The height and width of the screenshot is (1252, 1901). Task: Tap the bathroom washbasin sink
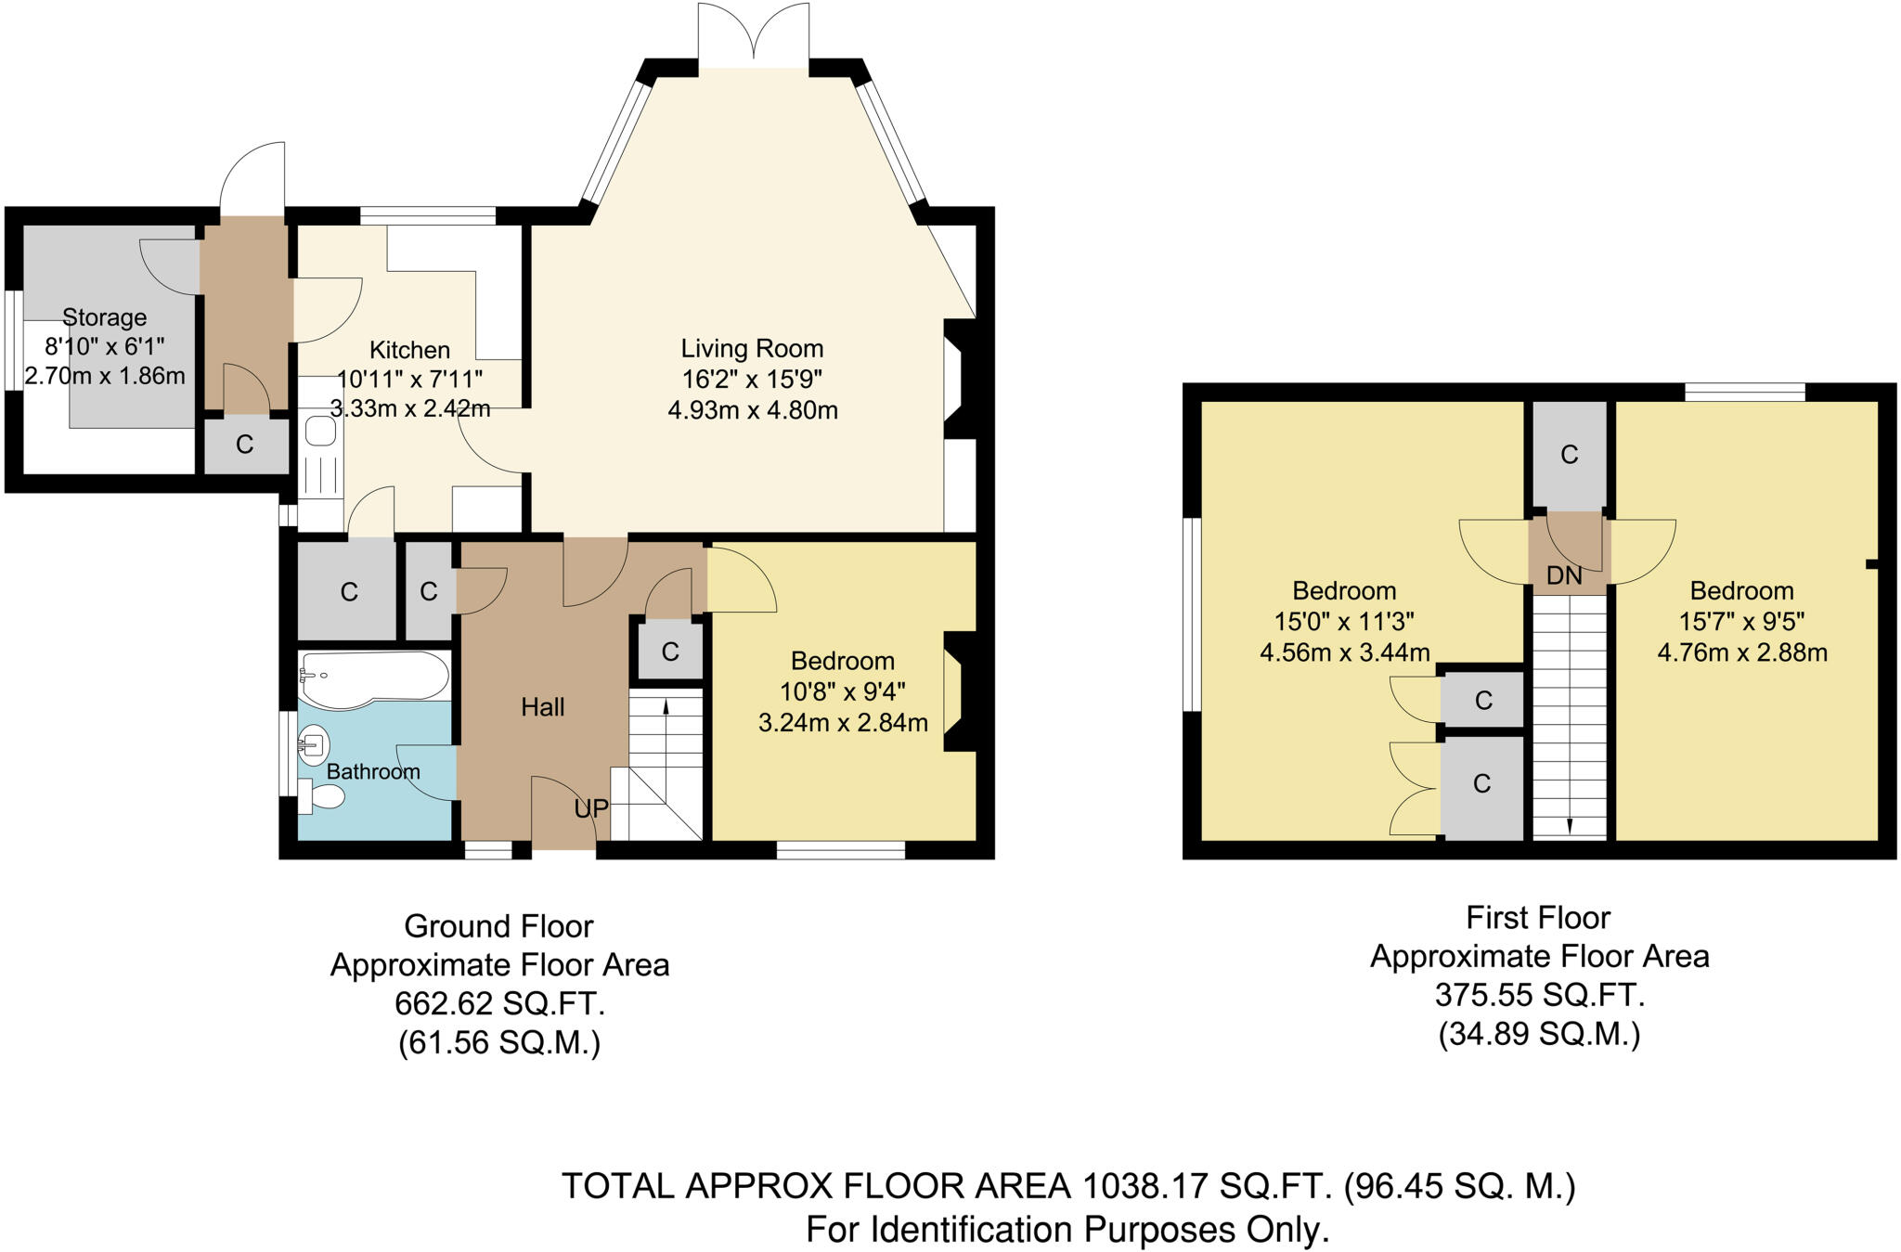tap(314, 744)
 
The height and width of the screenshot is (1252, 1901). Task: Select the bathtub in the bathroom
tap(371, 679)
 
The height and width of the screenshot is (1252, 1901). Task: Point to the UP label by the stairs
tap(590, 809)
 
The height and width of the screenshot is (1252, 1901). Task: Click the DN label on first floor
tap(1564, 576)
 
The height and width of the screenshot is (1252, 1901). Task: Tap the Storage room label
tap(104, 317)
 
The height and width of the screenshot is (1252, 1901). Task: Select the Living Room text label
tap(752, 349)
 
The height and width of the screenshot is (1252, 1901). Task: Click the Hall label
tap(542, 707)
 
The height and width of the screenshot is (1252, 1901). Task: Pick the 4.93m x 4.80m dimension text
tap(752, 410)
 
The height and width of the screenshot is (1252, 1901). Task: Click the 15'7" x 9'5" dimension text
tap(1741, 621)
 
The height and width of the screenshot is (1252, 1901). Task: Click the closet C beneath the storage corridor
tap(245, 445)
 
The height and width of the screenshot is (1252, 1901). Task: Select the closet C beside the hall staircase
tap(670, 652)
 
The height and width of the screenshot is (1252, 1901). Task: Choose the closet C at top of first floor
tap(1569, 455)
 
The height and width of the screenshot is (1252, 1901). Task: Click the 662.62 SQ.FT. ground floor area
tap(499, 1004)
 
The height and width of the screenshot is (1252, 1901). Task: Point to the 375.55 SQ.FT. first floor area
tap(1539, 995)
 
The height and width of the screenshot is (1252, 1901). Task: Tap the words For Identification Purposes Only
tap(1067, 1230)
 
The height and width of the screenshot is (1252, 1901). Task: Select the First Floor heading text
tap(1537, 918)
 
